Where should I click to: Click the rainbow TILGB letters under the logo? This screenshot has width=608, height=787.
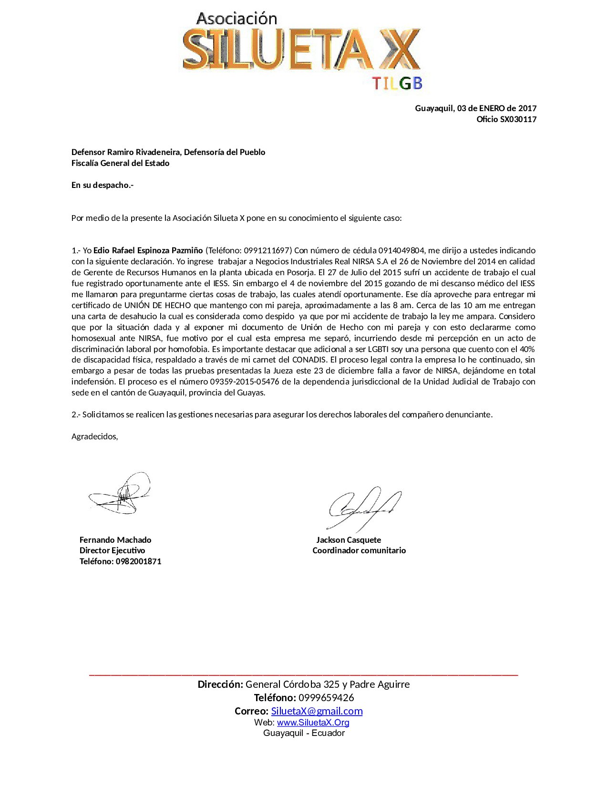tap(397, 83)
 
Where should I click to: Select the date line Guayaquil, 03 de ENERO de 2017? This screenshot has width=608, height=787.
tap(475, 108)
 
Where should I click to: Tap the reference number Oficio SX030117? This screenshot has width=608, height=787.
tap(506, 119)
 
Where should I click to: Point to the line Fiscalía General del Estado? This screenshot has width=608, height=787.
tap(120, 163)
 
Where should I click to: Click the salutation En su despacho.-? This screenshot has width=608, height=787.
tap(102, 185)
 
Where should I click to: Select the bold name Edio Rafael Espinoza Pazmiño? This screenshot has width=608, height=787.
tap(148, 250)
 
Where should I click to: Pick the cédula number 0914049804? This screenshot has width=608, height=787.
tap(401, 250)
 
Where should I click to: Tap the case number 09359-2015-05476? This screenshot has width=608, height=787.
tap(245, 382)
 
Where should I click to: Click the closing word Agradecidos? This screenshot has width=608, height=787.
tap(94, 436)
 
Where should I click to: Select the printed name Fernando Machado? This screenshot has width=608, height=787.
tap(115, 540)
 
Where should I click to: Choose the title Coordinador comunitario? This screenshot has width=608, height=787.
tap(359, 550)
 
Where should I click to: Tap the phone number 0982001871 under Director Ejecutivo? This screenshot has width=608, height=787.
tap(138, 561)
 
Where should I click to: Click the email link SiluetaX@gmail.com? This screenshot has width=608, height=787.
tap(317, 711)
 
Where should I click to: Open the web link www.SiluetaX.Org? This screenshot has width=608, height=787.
tap(313, 723)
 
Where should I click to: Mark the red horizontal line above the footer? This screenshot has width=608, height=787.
tap(303, 674)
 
